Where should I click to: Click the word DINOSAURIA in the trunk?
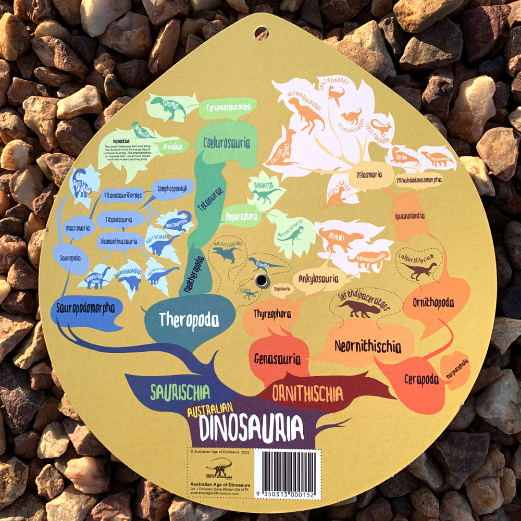251,428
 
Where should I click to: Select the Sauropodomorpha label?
83,308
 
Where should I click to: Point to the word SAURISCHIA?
180,392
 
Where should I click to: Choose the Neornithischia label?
367,346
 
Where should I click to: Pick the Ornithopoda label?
433,302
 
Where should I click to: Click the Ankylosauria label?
318,278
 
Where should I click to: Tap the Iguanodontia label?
410,215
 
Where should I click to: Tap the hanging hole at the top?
261,33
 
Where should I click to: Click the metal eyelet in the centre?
262,281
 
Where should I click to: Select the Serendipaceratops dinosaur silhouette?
359,309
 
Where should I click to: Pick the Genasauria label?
277,358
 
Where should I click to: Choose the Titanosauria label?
120,219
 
